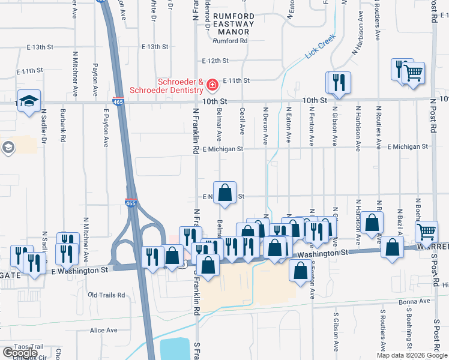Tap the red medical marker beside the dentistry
[x=211, y=86]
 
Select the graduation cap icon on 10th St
[x=28, y=101]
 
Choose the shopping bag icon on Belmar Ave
[x=225, y=193]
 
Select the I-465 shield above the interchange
[x=131, y=203]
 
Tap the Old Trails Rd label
[x=106, y=295]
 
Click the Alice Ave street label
[x=103, y=330]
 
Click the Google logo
[x=19, y=352]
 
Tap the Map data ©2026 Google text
[x=411, y=355]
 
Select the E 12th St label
[x=215, y=61]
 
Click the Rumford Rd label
[x=231, y=41]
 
